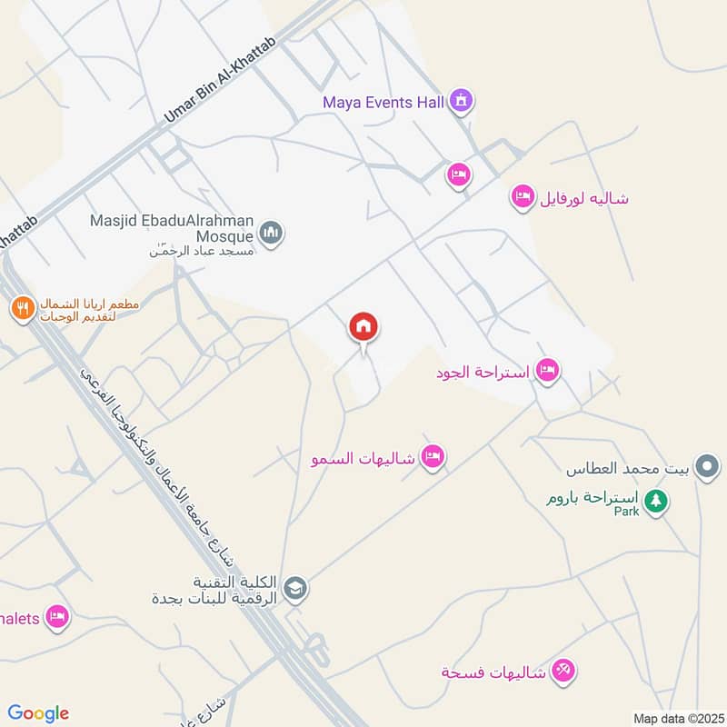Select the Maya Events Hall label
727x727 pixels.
coord(383,102)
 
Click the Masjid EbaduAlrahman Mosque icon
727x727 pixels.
coord(271,234)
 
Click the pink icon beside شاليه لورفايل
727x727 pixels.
coord(522,197)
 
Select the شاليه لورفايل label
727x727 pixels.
coord(585,198)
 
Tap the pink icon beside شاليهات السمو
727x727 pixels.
coord(433,457)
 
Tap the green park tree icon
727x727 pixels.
coord(655,501)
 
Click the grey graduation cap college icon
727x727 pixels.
coord(295,589)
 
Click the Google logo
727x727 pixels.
coord(38,713)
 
